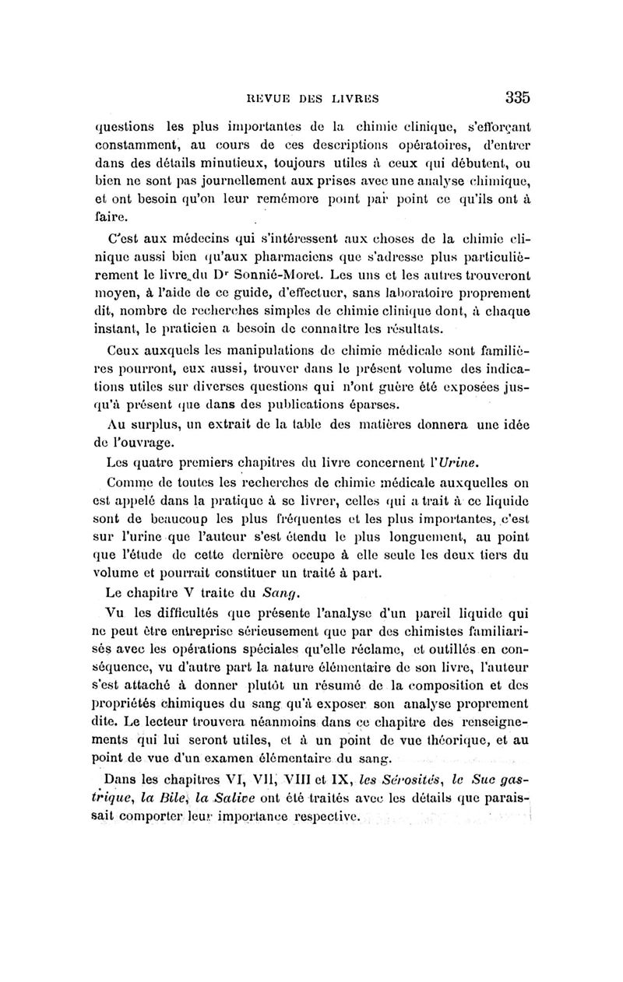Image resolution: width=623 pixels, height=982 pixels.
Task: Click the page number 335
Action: [517, 97]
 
